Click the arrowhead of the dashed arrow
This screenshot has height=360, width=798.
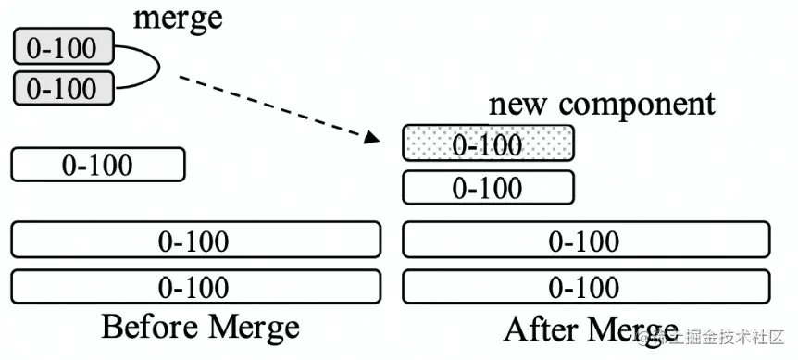tap(373, 138)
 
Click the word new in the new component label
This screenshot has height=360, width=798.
tap(519, 103)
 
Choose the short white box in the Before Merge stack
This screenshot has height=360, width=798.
tap(97, 165)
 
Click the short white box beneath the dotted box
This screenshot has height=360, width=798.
tap(488, 188)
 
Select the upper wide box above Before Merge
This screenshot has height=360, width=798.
tap(194, 240)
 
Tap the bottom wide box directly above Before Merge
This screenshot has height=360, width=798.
tap(194, 286)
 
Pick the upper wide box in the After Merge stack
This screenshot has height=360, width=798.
tap(584, 240)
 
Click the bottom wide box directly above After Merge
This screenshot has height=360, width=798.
tap(584, 286)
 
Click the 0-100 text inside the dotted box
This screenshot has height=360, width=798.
tap(487, 144)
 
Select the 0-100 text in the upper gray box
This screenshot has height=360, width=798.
tap(62, 46)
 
